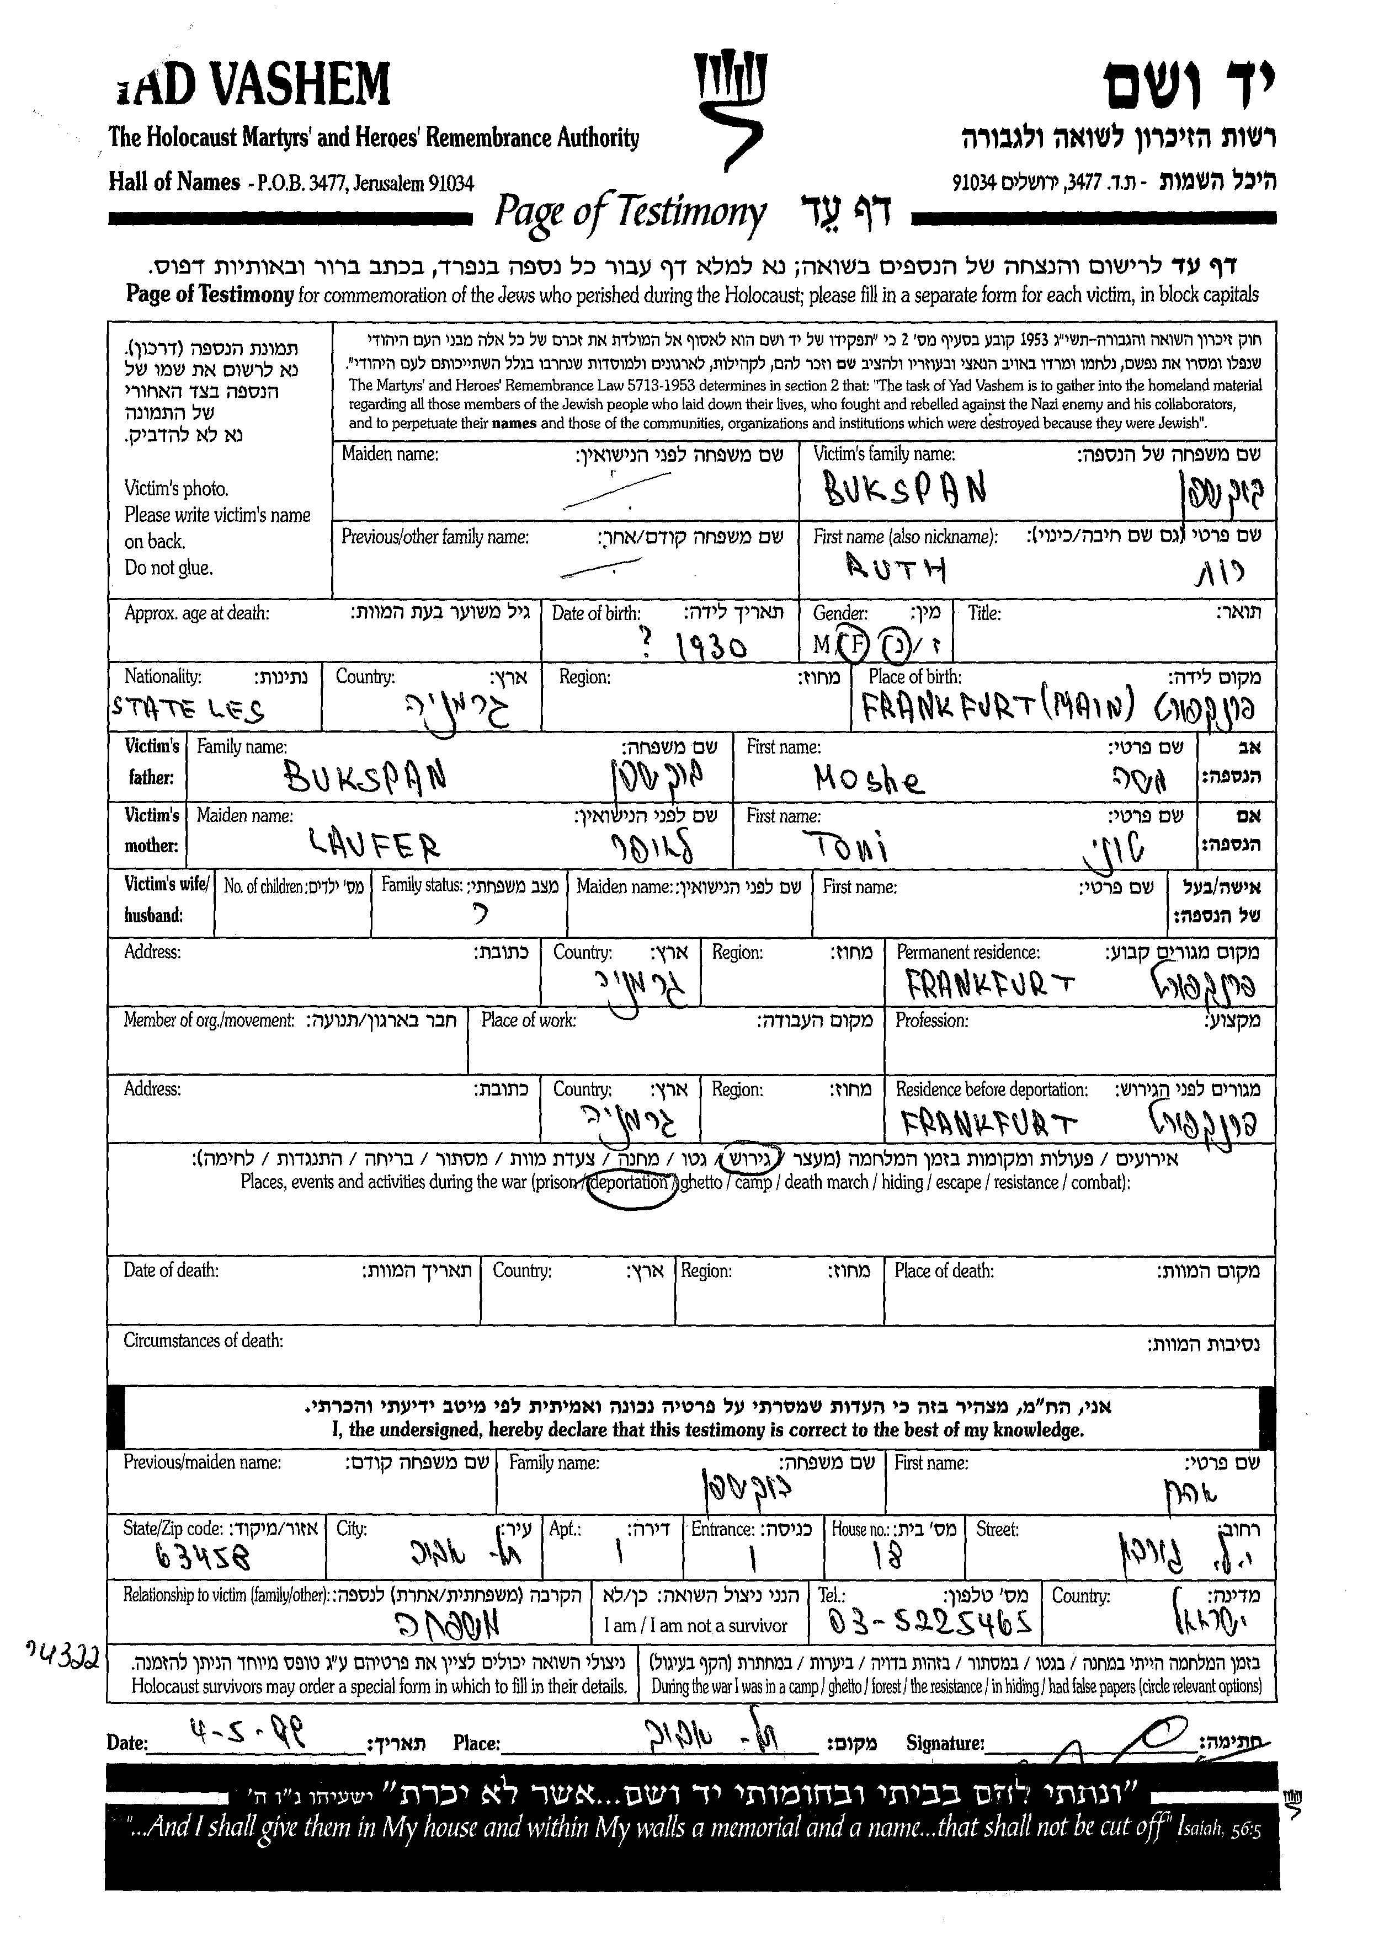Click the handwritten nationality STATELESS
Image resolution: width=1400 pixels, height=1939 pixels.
click(x=189, y=709)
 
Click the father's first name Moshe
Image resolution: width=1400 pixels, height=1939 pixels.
click(x=869, y=779)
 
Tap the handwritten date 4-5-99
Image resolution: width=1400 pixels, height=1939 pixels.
click(x=250, y=1733)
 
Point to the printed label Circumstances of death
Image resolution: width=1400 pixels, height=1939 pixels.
click(x=204, y=1340)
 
